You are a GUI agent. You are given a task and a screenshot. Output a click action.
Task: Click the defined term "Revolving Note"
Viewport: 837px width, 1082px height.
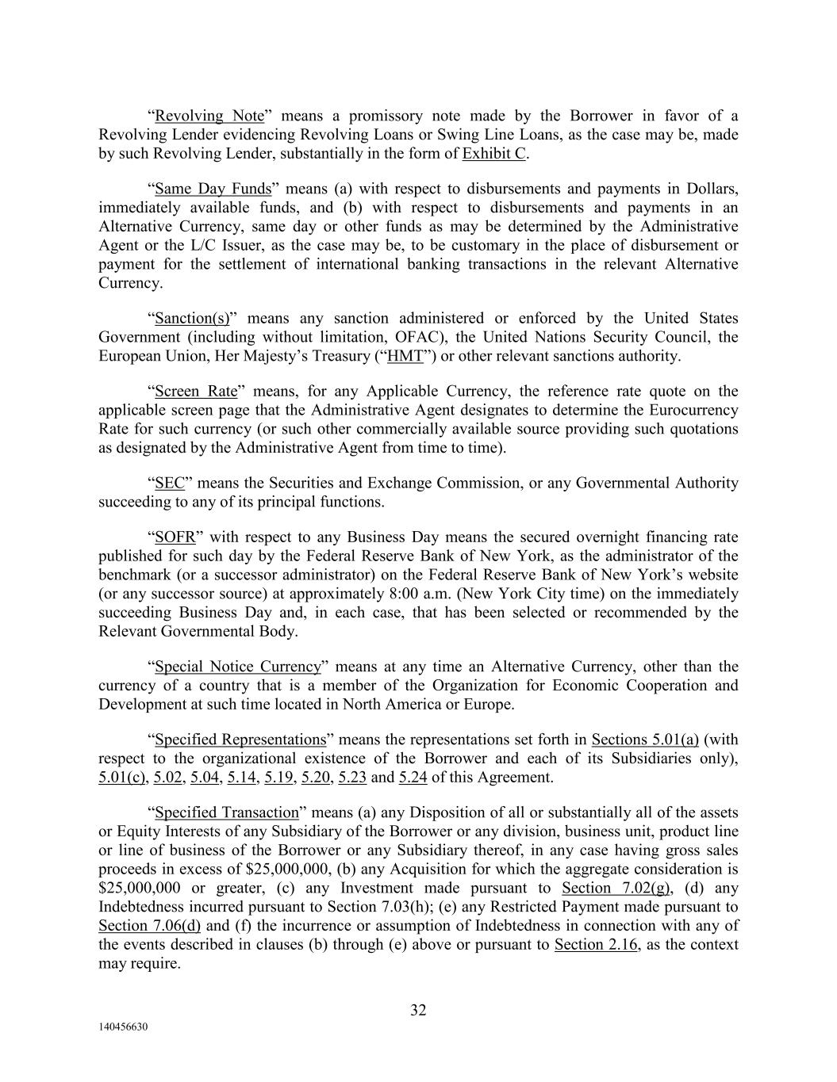coord(209,116)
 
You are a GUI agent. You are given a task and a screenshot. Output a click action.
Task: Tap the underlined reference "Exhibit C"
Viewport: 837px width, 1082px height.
coord(493,154)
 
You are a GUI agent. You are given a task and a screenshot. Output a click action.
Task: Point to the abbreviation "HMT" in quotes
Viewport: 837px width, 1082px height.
coord(405,356)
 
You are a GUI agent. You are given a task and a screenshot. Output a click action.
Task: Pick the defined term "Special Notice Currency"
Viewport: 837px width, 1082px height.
coord(238,667)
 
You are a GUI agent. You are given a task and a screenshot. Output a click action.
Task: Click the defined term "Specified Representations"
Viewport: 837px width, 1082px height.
coord(240,740)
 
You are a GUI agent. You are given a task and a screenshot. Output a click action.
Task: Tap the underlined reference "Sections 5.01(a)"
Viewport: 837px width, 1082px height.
coord(645,740)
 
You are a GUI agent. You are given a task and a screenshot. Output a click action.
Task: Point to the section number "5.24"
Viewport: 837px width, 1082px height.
coord(413,778)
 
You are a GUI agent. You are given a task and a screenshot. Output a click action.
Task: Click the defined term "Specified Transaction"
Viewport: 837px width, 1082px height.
coord(226,812)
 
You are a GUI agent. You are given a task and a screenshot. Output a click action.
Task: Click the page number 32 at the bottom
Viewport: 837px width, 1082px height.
coord(418,1010)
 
